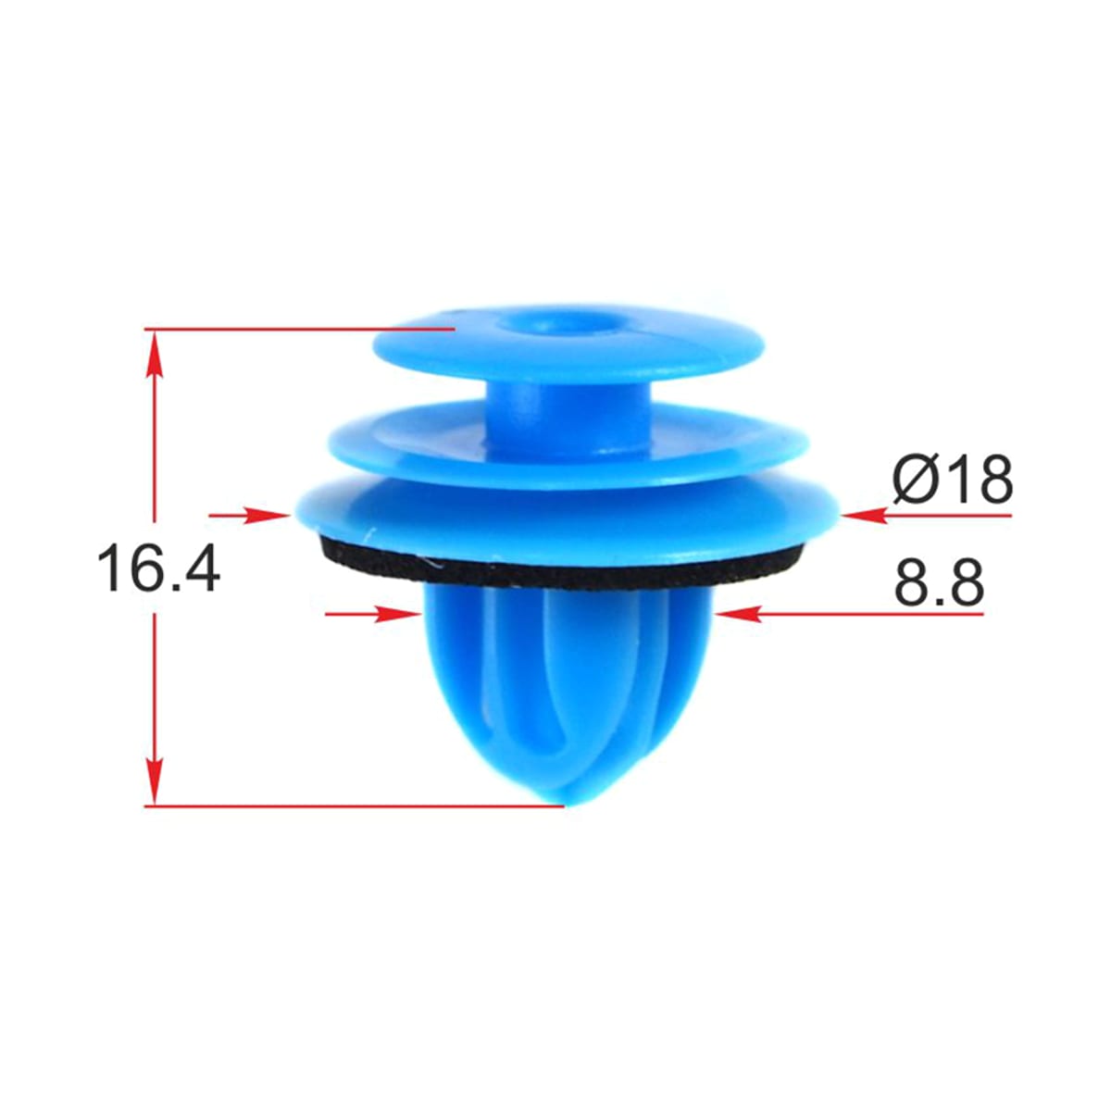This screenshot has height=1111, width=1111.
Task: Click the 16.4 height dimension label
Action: click(x=158, y=568)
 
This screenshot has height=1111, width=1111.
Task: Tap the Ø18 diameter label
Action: click(x=952, y=479)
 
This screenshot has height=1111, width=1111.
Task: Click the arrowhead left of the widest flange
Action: click(x=265, y=516)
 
